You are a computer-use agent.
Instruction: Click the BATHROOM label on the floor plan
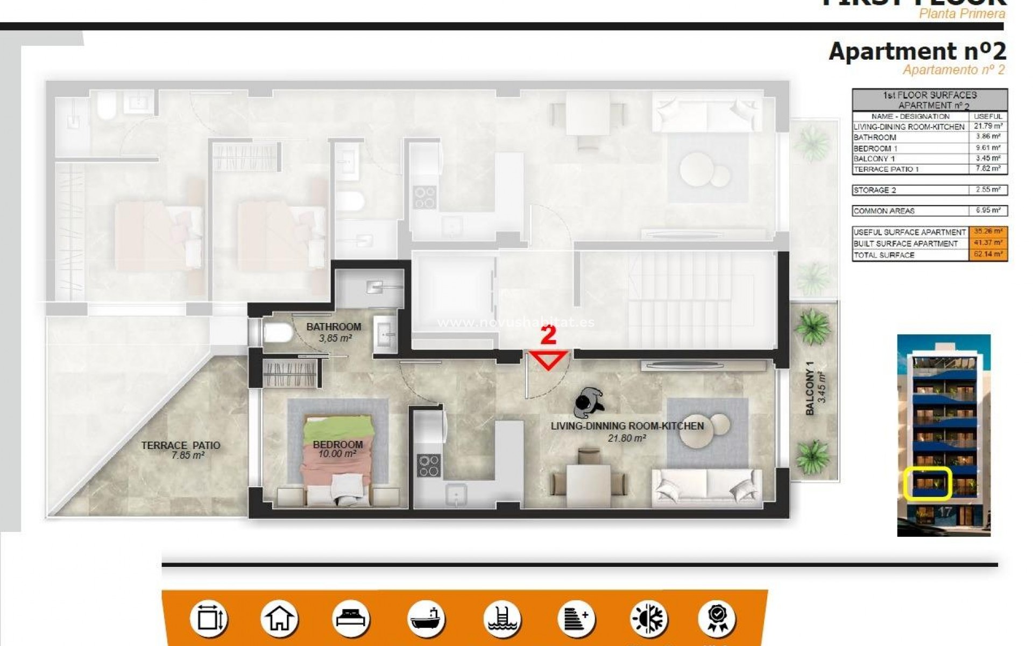pyautogui.click(x=334, y=327)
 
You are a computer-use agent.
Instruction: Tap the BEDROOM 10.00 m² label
pyautogui.click(x=337, y=449)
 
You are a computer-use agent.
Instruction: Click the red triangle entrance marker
pyautogui.click(x=548, y=360)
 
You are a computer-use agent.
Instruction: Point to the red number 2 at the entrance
pyautogui.click(x=548, y=335)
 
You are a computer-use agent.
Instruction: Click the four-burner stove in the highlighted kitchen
pyautogui.click(x=429, y=466)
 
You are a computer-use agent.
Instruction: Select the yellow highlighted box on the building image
pyautogui.click(x=928, y=483)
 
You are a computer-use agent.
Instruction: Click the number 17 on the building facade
pyautogui.click(x=945, y=512)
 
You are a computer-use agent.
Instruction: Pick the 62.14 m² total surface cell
pyautogui.click(x=988, y=255)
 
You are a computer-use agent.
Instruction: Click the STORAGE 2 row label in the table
pyautogui.click(x=874, y=190)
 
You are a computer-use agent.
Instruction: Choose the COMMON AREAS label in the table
pyautogui.click(x=883, y=211)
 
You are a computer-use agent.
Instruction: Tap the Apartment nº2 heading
pyautogui.click(x=917, y=52)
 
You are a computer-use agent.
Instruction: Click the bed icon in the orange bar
pyautogui.click(x=351, y=619)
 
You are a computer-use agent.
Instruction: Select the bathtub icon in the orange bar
pyautogui.click(x=425, y=619)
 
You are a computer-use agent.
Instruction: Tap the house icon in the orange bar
pyautogui.click(x=279, y=619)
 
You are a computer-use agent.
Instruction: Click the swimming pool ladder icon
pyautogui.click(x=501, y=619)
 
